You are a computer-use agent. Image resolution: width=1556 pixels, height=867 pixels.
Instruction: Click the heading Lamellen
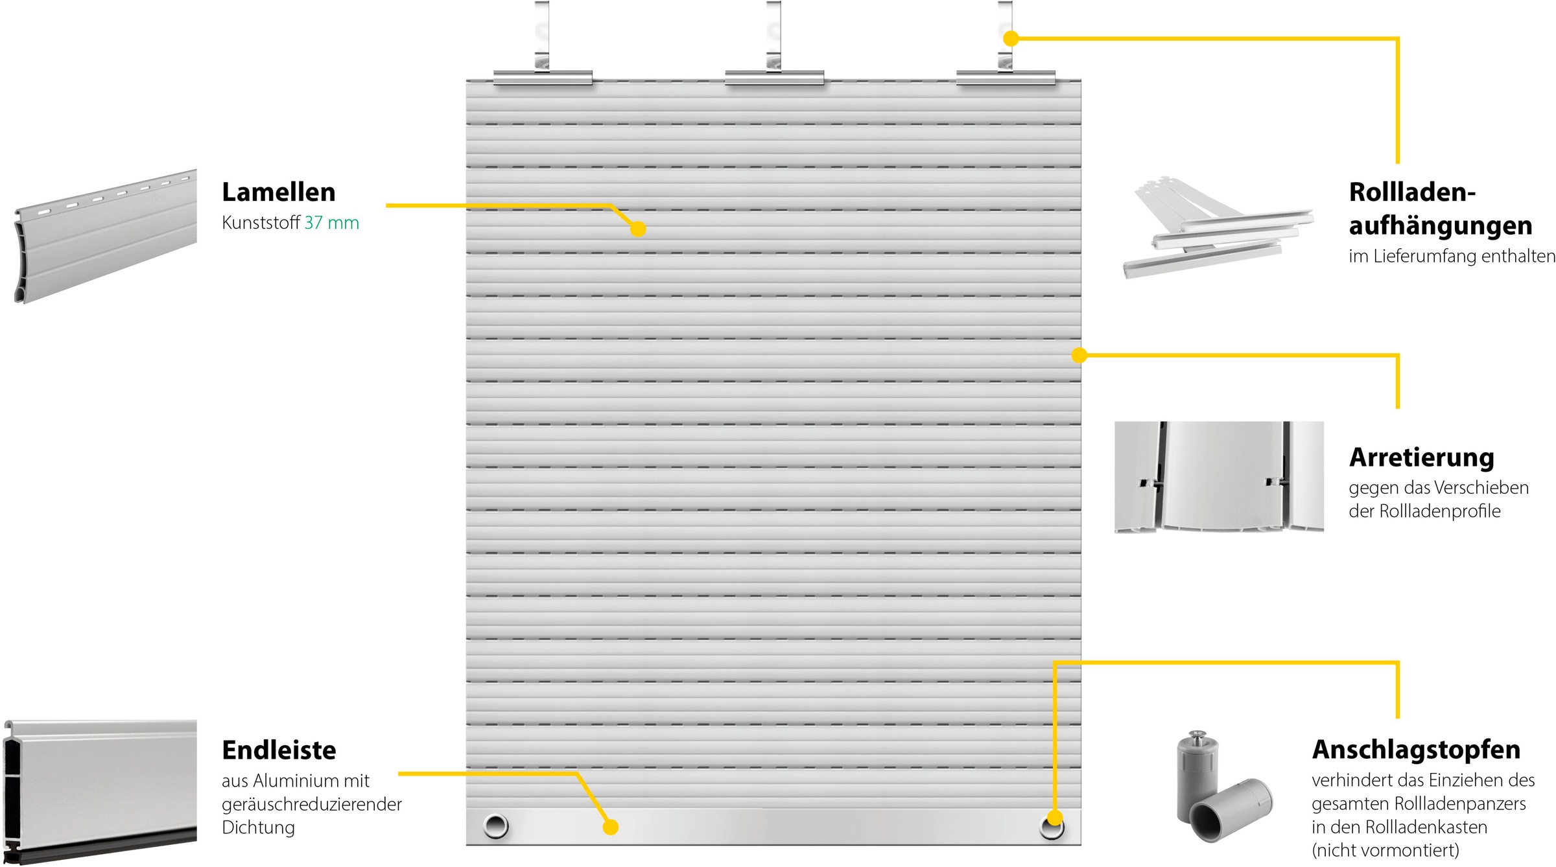(x=279, y=192)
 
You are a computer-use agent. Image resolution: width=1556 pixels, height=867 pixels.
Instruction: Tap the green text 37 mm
(x=332, y=223)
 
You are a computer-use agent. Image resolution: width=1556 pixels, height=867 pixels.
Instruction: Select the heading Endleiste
(x=279, y=750)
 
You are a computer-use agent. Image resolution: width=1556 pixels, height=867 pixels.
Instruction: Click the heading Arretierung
(x=1422, y=457)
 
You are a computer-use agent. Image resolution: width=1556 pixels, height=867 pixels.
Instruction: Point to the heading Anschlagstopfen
(x=1417, y=750)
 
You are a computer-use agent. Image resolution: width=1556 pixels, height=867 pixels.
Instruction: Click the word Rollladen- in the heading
(x=1412, y=192)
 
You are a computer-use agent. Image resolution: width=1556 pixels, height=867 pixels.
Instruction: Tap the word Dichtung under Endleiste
(x=258, y=827)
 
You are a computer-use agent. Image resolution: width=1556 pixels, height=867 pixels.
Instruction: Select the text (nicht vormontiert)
(x=1385, y=850)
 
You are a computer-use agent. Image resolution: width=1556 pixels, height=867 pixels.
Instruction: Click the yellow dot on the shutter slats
(x=638, y=229)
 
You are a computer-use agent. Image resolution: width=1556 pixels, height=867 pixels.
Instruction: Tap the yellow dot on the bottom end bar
(x=611, y=827)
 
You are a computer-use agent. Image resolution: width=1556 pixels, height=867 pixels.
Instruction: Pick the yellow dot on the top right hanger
(x=1010, y=39)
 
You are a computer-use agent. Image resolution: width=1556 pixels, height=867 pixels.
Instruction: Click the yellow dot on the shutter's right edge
(x=1079, y=355)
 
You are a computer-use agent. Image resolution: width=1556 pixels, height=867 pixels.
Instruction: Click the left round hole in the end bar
(x=496, y=826)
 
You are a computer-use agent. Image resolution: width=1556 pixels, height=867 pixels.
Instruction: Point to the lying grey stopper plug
(x=1231, y=809)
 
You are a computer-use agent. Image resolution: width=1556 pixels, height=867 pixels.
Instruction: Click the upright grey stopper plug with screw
(x=1196, y=778)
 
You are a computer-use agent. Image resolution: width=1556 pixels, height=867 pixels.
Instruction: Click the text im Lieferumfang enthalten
(x=1452, y=257)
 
